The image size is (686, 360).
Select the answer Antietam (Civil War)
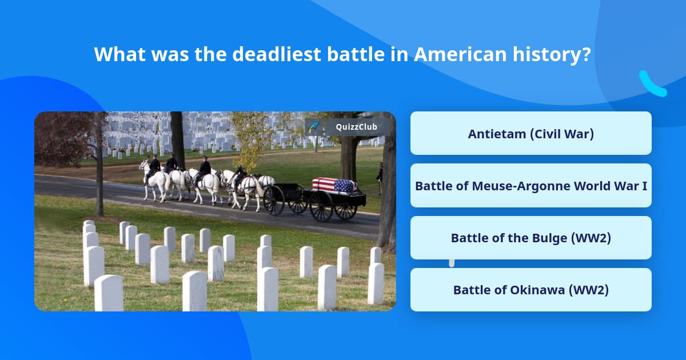pos(531,134)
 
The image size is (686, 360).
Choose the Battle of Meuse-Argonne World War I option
pos(531,186)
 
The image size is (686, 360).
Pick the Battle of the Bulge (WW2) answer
pos(531,238)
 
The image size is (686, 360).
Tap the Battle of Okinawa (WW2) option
pos(531,290)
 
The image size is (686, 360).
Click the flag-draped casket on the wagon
pos(334,185)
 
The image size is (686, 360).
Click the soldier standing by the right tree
pos(380,177)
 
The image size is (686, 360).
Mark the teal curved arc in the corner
pos(652,85)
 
